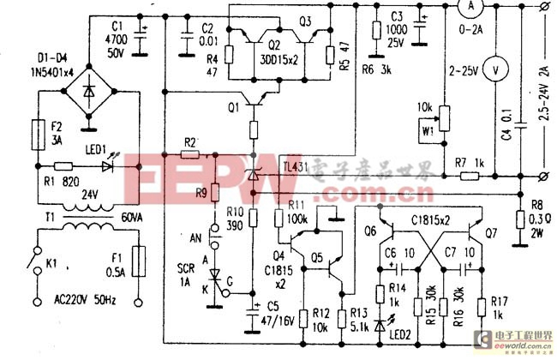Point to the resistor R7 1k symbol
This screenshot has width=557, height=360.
click(x=469, y=176)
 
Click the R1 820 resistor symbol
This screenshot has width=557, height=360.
click(x=62, y=166)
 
